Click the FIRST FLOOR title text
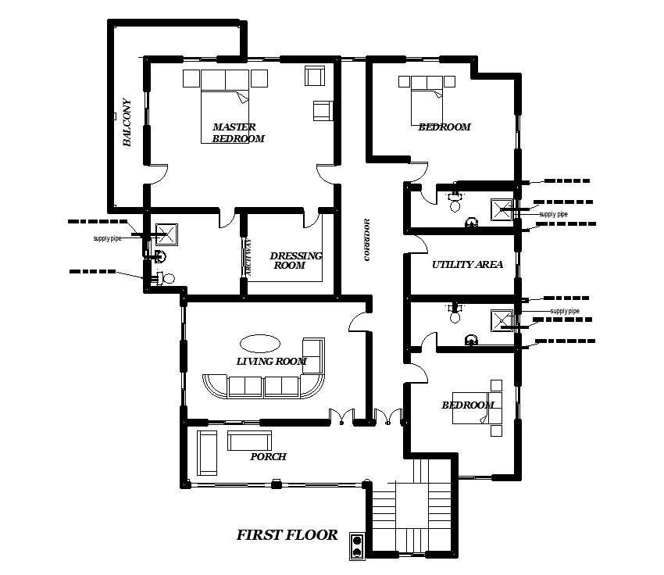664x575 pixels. click(287, 535)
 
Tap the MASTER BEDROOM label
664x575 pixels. click(238, 133)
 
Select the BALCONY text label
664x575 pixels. click(127, 123)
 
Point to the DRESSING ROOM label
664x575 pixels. click(295, 260)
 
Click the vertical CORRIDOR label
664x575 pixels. click(366, 240)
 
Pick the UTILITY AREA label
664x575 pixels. click(467, 265)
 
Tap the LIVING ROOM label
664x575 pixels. click(271, 361)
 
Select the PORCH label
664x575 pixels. click(268, 457)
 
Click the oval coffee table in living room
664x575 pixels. click(259, 343)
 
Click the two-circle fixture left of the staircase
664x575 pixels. click(358, 546)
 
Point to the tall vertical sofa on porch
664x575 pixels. click(207, 452)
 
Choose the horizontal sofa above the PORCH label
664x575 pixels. click(249, 441)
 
